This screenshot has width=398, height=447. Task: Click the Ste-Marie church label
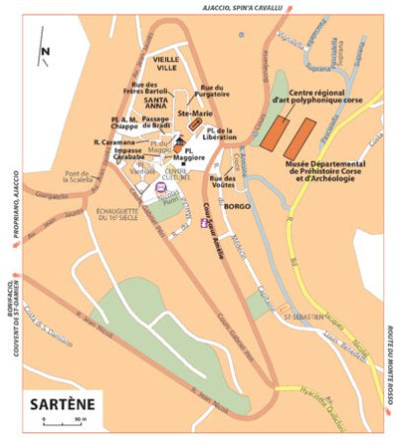click(x=193, y=113)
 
